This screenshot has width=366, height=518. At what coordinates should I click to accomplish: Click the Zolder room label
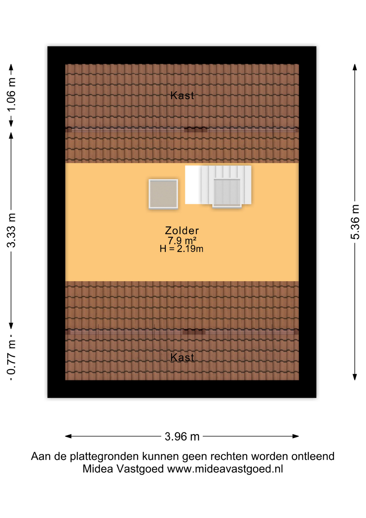(x=182, y=231)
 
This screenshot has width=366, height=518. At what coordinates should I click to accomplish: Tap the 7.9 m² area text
(x=182, y=240)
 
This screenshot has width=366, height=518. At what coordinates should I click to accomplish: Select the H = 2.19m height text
(x=181, y=249)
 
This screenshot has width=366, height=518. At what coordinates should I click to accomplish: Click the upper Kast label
(x=182, y=96)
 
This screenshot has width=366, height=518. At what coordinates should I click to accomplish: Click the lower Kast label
(x=182, y=357)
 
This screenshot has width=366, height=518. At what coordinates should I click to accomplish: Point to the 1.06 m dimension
(x=11, y=94)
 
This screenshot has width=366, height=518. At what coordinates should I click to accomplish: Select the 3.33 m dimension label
(x=11, y=230)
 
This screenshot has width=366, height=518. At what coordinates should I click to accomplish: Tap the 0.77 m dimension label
(x=11, y=357)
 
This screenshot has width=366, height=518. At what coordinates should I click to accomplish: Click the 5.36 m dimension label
(x=355, y=222)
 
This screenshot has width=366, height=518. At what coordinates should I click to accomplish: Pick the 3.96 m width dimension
(x=182, y=437)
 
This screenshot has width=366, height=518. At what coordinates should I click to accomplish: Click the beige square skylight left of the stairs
(x=163, y=194)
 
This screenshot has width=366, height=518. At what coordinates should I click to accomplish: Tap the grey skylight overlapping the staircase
(x=227, y=192)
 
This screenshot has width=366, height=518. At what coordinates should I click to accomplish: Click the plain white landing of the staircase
(x=192, y=185)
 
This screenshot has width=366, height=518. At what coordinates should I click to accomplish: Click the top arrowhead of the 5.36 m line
(x=355, y=67)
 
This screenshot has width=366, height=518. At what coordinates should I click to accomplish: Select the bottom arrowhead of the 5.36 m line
(x=355, y=377)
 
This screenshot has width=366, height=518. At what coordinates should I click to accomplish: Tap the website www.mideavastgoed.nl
(x=225, y=469)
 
